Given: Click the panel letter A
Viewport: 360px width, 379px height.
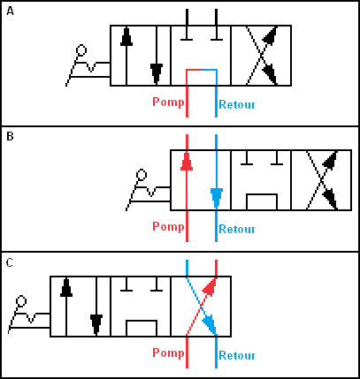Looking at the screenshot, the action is pos(10,11).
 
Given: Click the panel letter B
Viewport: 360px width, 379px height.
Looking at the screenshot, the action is pos(10,136).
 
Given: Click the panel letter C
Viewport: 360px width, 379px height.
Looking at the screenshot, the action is pos(10,262).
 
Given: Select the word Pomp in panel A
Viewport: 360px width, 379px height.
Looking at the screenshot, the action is pos(168,102).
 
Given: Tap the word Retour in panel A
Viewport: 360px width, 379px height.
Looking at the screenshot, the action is pos(237,104).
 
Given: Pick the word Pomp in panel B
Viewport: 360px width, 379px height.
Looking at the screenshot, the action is pos(168,227).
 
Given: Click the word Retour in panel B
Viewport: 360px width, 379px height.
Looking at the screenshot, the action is pos(237,229).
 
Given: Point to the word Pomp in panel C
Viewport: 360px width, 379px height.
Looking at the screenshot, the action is pos(168,352).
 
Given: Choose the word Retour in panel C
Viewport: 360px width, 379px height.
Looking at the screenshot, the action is pos(237,355).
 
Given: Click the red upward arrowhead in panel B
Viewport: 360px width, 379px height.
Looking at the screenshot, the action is pos(187,162).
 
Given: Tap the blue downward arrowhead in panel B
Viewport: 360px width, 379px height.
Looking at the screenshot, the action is pos(217,198).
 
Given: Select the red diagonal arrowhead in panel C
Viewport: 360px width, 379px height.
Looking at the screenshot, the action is pos(210,285).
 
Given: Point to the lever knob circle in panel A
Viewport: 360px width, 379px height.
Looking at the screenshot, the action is pos(81,50).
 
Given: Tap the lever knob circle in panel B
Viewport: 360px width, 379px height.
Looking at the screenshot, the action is pos(142,175).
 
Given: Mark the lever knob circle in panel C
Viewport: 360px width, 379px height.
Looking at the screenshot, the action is pos(21,301).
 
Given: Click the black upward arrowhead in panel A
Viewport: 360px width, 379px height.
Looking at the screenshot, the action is pos(126,37).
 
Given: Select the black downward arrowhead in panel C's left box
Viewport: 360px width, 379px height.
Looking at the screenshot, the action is pos(96,324).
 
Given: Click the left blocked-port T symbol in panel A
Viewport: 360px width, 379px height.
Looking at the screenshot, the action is pos(187,25).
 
